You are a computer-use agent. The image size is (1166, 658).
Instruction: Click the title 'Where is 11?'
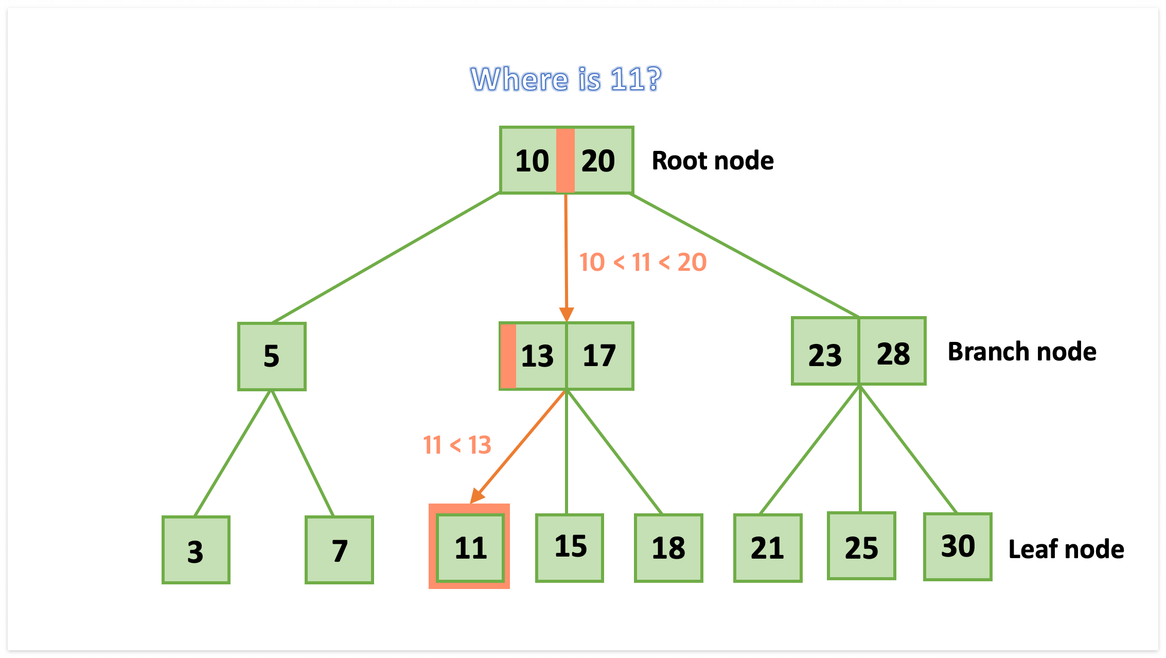[566, 79]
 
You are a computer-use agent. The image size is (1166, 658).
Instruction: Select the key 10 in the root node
[532, 161]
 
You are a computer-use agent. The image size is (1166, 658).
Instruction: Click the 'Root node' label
[712, 161]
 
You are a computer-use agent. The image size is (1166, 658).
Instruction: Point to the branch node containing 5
[272, 356]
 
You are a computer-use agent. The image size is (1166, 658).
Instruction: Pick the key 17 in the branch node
[599, 356]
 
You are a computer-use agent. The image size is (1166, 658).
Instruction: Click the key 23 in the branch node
[825, 355]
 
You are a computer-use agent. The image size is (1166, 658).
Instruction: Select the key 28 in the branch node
[893, 354]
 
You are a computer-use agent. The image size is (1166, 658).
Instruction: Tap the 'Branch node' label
[1022, 352]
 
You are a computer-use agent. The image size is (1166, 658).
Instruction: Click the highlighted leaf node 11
[470, 547]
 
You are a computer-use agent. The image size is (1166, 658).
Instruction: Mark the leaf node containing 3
[196, 550]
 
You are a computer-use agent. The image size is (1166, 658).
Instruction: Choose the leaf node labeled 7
[339, 550]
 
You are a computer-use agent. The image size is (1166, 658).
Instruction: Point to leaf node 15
[570, 547]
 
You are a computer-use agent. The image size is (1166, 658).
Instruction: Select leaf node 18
[668, 548]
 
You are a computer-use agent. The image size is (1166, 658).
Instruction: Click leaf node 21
[767, 548]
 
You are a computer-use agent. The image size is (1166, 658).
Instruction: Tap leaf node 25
[861, 546]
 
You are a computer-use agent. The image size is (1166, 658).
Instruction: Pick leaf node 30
[958, 547]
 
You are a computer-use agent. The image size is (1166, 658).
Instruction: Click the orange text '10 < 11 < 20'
[643, 263]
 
